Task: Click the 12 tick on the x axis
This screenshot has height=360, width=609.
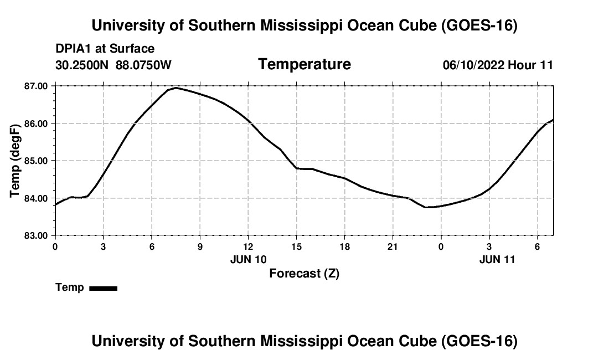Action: (248, 246)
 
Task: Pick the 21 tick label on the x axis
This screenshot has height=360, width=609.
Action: (393, 246)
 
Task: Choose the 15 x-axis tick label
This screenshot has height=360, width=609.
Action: (296, 246)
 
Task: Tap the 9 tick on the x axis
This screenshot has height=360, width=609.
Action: (200, 246)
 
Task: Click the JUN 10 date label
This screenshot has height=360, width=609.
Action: (249, 259)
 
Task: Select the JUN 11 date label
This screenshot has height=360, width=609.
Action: (497, 259)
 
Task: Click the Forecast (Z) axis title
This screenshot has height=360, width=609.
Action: (304, 274)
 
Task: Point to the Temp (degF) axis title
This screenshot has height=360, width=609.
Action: (15, 161)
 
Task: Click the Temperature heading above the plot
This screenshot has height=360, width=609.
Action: (304, 64)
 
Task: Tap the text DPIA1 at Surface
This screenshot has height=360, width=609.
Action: (105, 49)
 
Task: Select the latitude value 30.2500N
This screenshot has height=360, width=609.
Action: (82, 65)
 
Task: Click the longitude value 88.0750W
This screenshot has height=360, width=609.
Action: (143, 65)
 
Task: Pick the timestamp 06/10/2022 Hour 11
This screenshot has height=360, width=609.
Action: (498, 65)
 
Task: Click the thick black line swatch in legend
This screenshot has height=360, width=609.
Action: (104, 288)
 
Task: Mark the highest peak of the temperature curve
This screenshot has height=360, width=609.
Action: (176, 88)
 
